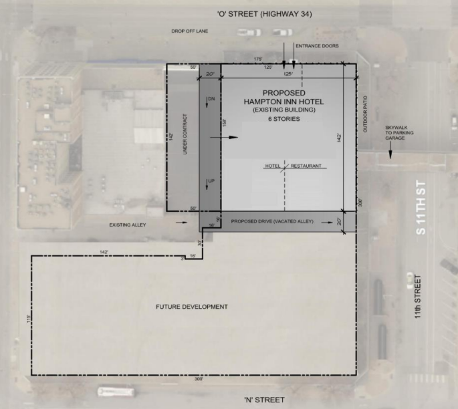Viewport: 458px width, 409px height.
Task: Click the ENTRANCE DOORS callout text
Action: point(321,45)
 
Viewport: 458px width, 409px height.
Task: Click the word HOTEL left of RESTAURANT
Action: point(272,166)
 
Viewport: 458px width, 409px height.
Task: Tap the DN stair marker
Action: point(211,99)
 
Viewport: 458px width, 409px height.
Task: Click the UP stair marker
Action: point(211,181)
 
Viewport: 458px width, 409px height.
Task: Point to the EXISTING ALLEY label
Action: point(126,225)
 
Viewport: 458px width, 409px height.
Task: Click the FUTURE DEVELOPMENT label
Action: point(192,307)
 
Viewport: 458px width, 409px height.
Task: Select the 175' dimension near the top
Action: point(257,60)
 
